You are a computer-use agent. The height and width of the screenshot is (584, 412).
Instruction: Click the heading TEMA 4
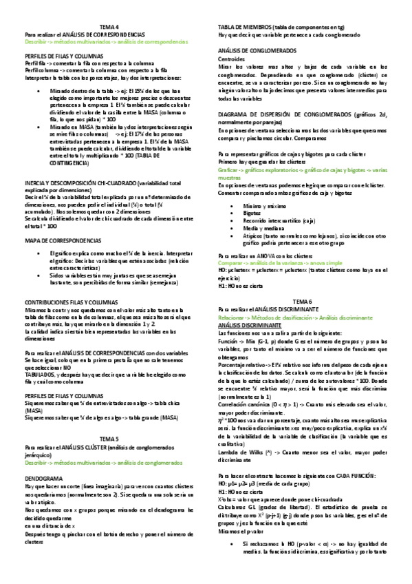click(x=109, y=25)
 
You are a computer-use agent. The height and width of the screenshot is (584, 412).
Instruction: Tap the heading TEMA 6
click(x=302, y=283)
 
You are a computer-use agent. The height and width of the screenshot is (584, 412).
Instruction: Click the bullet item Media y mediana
click(x=262, y=228)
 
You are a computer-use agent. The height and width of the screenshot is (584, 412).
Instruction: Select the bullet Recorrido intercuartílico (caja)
click(x=279, y=220)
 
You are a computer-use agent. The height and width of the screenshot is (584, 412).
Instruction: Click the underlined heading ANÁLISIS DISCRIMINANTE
click(x=251, y=304)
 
